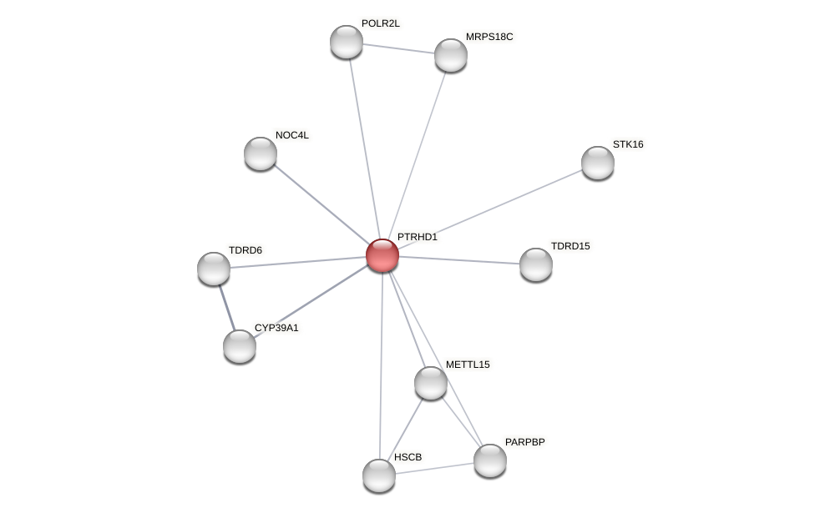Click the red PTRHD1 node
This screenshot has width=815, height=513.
pos(382,255)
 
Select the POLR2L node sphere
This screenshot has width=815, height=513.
pos(347,42)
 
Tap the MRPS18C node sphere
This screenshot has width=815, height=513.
pos(451,55)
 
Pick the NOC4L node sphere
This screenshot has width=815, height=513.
pos(261,153)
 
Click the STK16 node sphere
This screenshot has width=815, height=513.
pos(598,163)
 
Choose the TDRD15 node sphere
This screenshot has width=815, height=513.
pos(536,264)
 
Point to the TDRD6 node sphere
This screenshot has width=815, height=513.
pos(214,269)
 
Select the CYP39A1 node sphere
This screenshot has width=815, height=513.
pos(240,346)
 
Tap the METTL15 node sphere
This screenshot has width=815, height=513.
pos(431,383)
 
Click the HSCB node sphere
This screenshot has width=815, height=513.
pos(379,475)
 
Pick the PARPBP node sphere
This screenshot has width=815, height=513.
pos(490,460)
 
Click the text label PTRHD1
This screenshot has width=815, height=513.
pos(417,237)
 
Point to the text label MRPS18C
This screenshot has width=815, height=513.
pos(489,37)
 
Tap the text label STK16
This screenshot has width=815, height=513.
pos(628,144)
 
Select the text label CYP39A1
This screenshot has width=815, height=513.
pos(276,328)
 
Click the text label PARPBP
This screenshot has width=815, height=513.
pos(524,442)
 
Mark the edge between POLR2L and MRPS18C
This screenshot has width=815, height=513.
pos(398,48)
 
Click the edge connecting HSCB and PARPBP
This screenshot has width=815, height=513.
pos(434,468)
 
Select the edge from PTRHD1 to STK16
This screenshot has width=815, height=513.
pos(490,209)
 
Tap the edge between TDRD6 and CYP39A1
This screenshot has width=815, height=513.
pos(226,307)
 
